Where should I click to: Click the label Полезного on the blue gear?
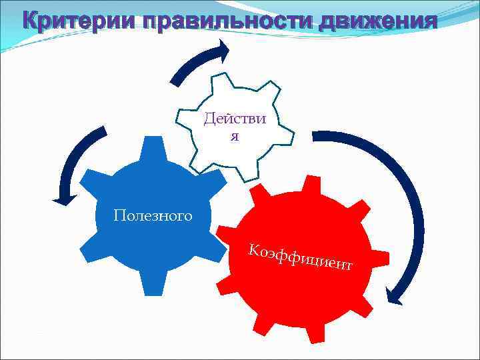pos(153,215)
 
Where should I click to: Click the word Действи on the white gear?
pos(235,119)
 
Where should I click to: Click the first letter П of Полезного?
pos(119,215)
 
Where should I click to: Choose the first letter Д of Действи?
pos(209,120)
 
